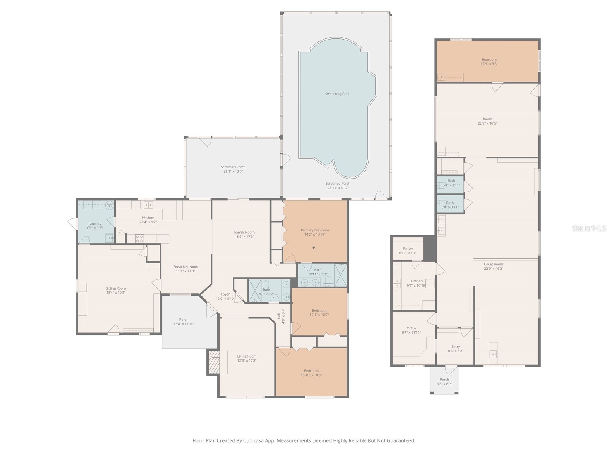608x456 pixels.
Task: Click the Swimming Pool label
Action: pyautogui.click(x=337, y=94)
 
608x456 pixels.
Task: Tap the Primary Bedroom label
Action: pyautogui.click(x=315, y=230)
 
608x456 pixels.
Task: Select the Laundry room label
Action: pyautogui.click(x=95, y=224)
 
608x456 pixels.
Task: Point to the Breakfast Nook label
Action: pyautogui.click(x=185, y=267)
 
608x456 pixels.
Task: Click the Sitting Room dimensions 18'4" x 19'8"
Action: pyautogui.click(x=116, y=293)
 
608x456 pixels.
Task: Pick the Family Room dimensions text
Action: pyautogui.click(x=244, y=237)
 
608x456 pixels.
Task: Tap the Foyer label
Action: pyautogui.click(x=225, y=294)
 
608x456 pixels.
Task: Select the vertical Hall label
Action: pyautogui.click(x=279, y=316)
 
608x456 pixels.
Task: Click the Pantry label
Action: pyautogui.click(x=408, y=249)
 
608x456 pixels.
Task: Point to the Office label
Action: pyautogui.click(x=411, y=328)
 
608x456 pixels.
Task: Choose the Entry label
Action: pyautogui.click(x=456, y=347)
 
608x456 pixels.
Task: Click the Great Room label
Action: pyautogui.click(x=494, y=264)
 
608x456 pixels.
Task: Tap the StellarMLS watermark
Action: pyautogui.click(x=589, y=228)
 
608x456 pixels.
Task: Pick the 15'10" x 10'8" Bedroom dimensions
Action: pyautogui.click(x=311, y=375)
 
